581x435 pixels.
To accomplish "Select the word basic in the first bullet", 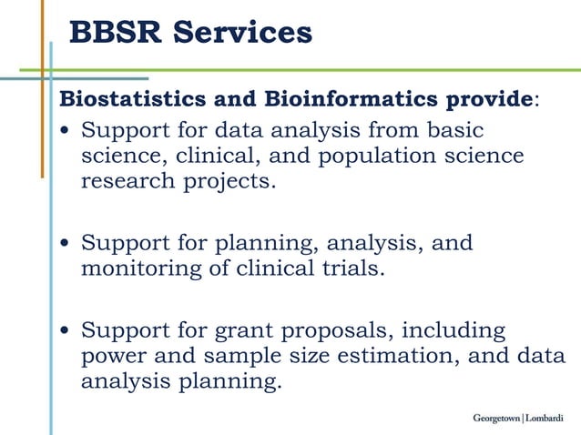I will [453, 130].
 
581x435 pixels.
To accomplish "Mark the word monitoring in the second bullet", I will [137, 268].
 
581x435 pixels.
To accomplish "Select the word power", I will [113, 357].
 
